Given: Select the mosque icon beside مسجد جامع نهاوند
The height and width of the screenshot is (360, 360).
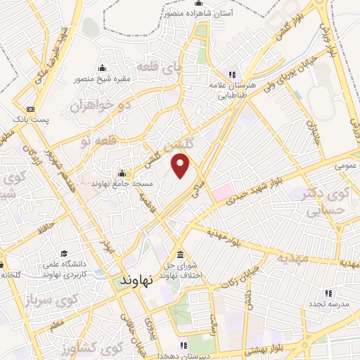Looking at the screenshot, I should click(x=122, y=174).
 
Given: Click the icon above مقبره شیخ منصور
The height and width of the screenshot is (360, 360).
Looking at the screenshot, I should click(x=103, y=68).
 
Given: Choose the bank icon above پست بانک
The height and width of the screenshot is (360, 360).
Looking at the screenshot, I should click(x=30, y=109).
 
